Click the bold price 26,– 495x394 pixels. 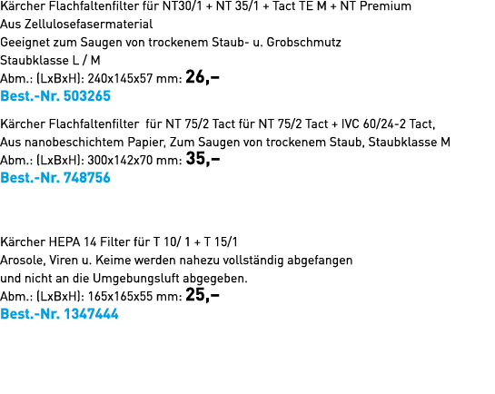203,77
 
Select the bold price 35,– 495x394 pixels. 203,159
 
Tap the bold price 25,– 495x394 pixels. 203,295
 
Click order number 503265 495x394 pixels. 87,96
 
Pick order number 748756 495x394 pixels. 87,178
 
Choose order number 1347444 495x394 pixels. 91,314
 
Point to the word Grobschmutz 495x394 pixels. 303,43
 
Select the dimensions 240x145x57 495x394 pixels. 120,79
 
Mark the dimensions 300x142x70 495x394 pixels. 120,161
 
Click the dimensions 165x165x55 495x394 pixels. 120,297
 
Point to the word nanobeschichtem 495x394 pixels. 74,143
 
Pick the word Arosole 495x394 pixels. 23,261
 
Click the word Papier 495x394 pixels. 147,143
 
